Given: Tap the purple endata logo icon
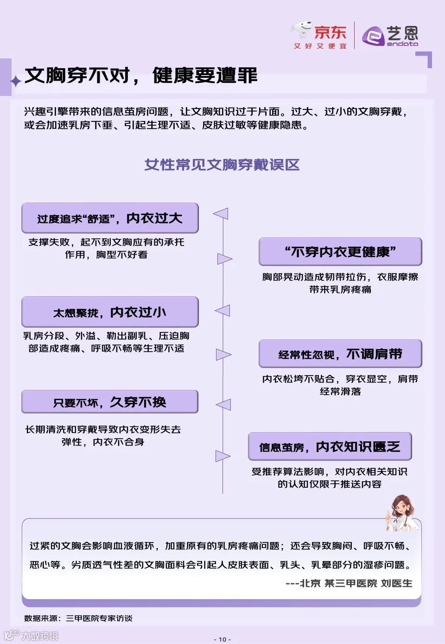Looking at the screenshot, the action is coord(373,36).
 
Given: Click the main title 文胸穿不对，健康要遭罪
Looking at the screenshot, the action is coord(141,75).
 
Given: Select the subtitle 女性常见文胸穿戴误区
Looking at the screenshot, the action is coord(222,165).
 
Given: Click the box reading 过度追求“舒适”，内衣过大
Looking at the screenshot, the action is coord(110,218).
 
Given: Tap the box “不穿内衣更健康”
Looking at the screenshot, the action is coord(340,252).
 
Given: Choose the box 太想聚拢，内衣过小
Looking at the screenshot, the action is coord(110,312).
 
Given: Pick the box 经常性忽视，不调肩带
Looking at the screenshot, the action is coord(340,354).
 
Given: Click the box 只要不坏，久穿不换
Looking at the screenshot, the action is coord(110,402).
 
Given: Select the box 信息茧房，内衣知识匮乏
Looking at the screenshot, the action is coord(330,446).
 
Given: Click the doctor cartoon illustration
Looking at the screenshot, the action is coord(401,512).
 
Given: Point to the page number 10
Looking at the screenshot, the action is coord(222,639).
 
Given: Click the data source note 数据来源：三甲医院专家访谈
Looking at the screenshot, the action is coord(78,618).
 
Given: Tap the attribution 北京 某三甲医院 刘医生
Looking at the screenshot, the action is coord(349,583).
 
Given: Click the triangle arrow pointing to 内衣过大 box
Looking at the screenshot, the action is coord(221,214).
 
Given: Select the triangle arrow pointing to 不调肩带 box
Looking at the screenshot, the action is coord(223,355).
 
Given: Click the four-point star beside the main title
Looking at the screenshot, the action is coord(16,81).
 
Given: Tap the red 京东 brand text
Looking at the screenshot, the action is coord(330,32).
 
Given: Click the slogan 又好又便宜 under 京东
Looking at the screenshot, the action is coord(320,46).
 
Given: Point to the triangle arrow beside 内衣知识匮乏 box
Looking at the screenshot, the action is coord(223,456).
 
